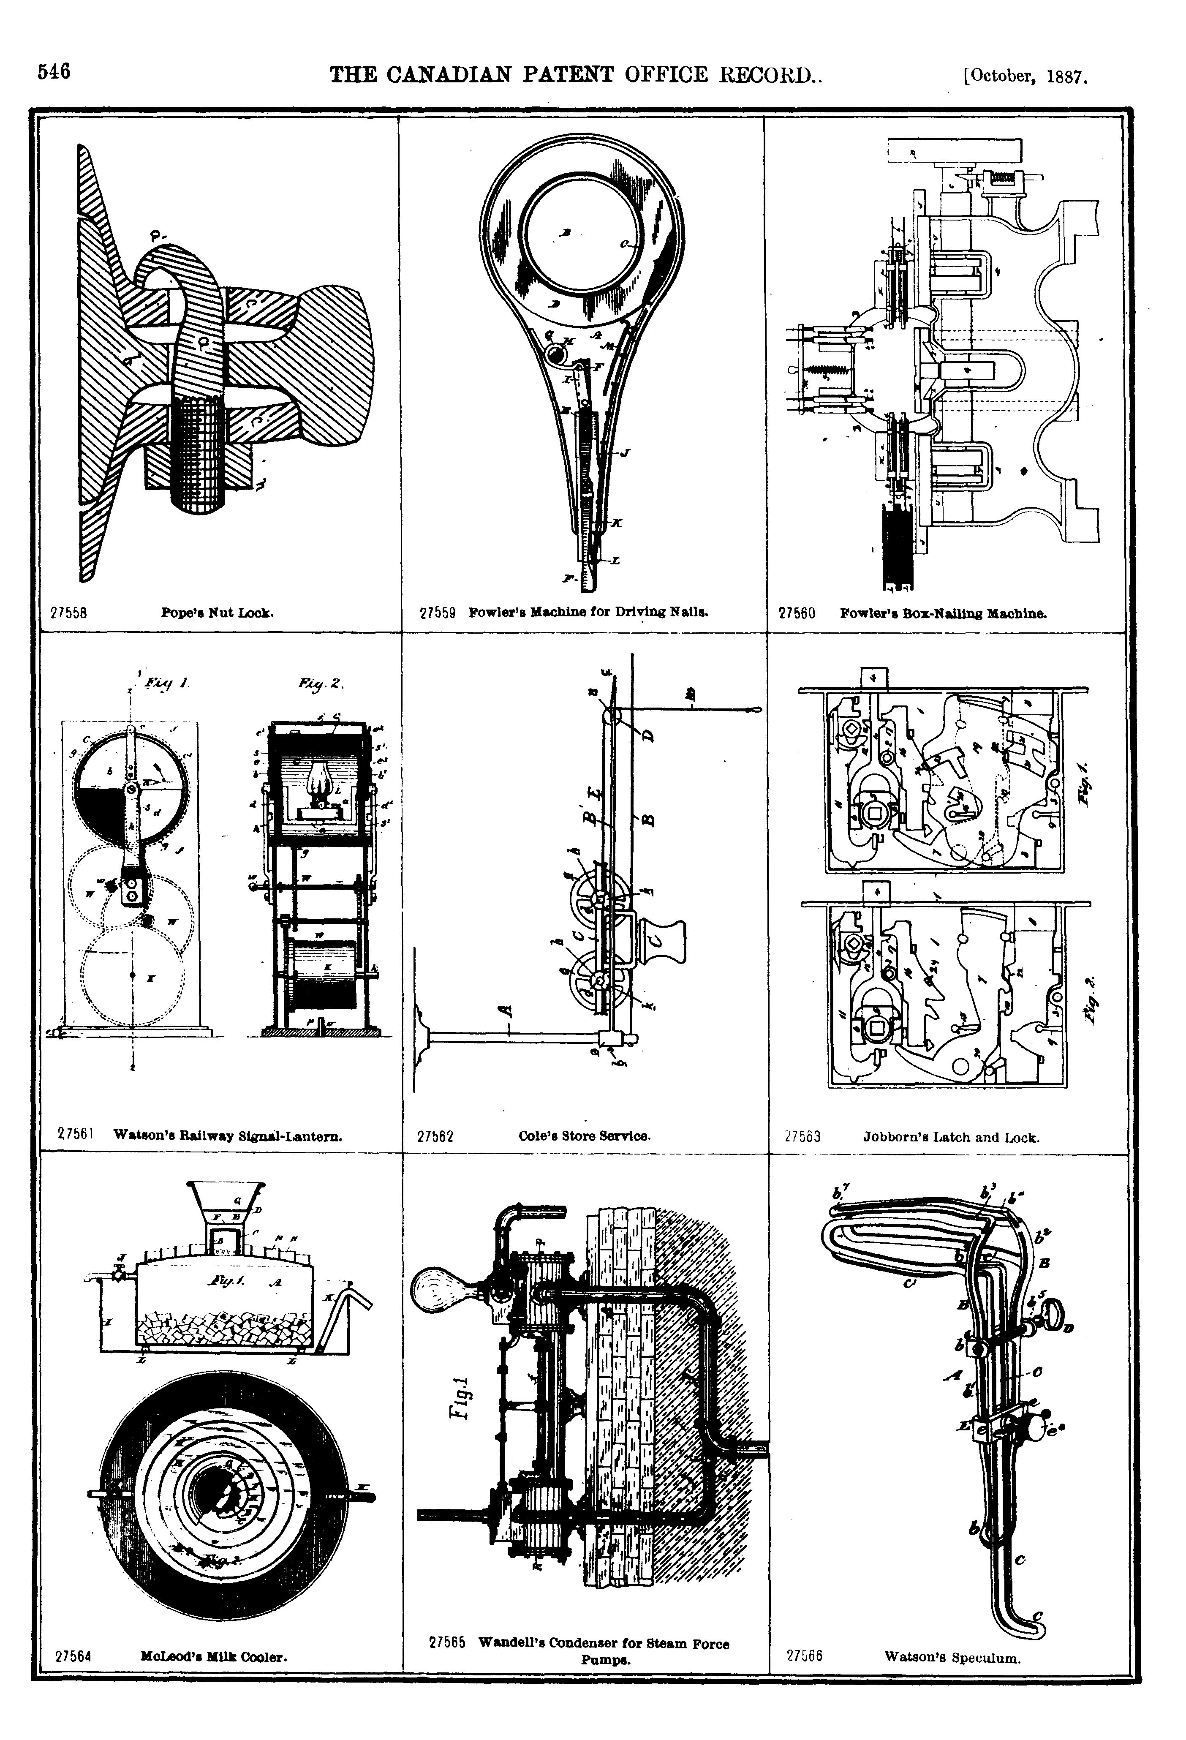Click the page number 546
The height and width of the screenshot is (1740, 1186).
click(54, 72)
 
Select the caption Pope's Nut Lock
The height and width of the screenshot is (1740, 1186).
click(217, 613)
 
